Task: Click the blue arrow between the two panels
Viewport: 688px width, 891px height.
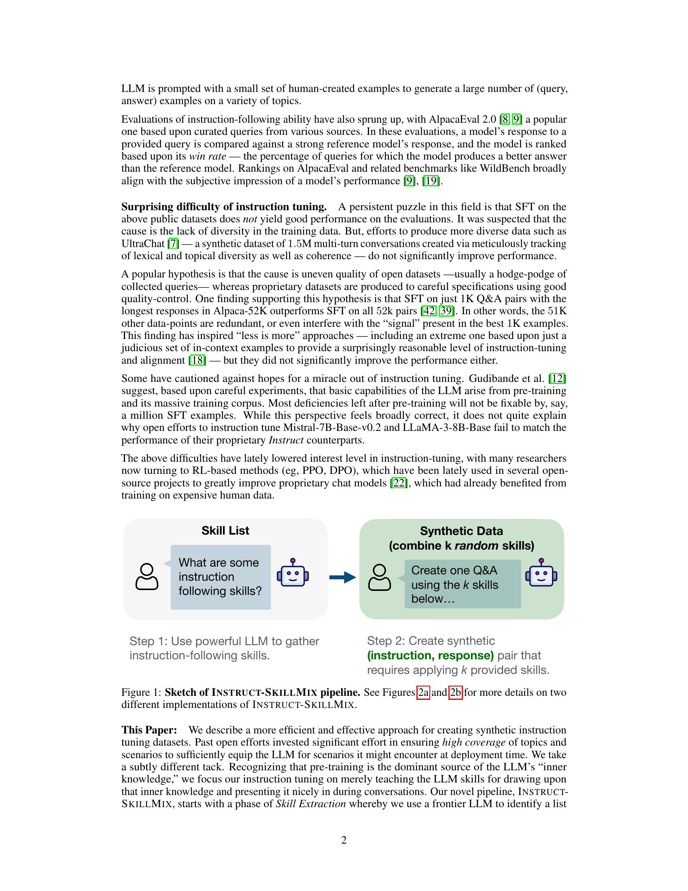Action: point(342,577)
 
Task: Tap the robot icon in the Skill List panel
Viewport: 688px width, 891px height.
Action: point(293,573)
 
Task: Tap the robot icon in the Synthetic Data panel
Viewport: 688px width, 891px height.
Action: point(541,573)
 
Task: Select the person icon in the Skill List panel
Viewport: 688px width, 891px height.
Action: point(147,576)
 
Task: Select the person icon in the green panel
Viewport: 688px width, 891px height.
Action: point(379,577)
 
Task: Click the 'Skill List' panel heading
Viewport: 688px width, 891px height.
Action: point(225,531)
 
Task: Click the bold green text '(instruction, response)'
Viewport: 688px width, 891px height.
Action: point(430,655)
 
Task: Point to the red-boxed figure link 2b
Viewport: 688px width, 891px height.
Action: point(455,692)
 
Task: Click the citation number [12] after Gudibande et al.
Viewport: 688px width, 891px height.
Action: point(557,379)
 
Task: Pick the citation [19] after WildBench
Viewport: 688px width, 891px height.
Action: point(431,181)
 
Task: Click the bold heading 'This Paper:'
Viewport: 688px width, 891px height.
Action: point(149,730)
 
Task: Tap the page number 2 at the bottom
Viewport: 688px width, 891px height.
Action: point(344,840)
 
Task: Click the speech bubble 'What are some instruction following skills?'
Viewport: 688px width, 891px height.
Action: point(221,577)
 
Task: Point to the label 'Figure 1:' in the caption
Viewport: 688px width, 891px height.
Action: point(141,692)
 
